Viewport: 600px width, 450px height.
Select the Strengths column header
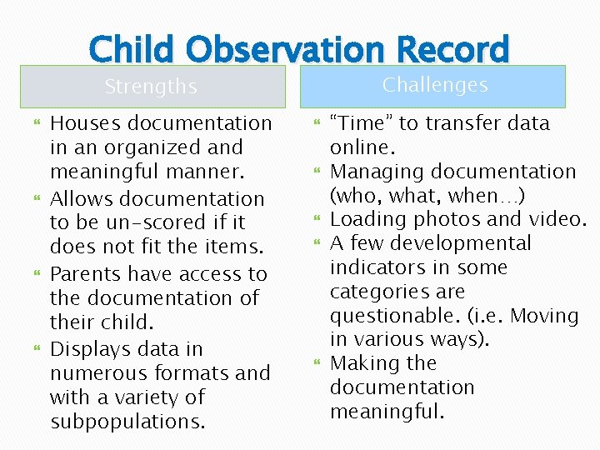[151, 87]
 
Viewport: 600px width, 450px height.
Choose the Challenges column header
[435, 85]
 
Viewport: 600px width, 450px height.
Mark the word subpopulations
[127, 422]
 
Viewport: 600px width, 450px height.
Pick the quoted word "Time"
[362, 123]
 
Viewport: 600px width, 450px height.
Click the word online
[359, 147]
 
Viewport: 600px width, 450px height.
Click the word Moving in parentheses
[544, 316]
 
